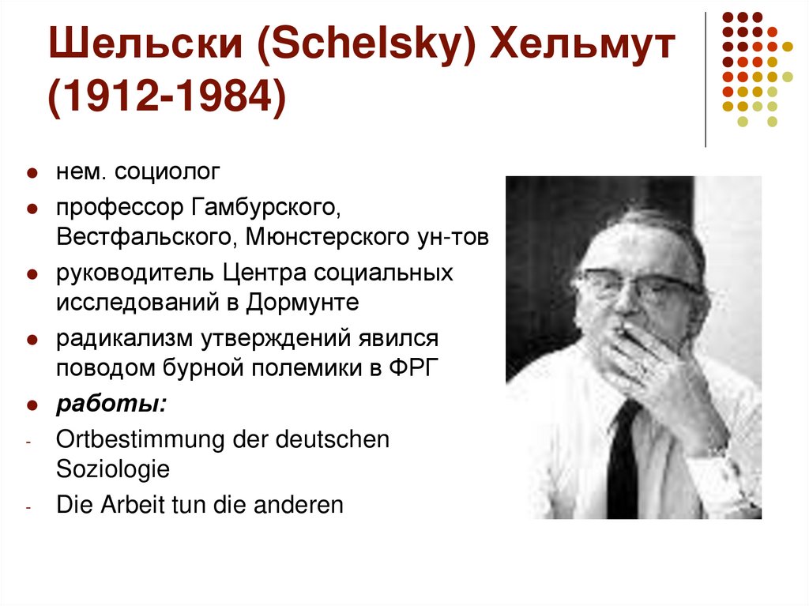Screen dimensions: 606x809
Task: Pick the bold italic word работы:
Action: pos(111,404)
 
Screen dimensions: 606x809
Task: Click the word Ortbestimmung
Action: pos(140,440)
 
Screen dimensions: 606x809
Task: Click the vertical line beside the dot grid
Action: pos(705,79)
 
